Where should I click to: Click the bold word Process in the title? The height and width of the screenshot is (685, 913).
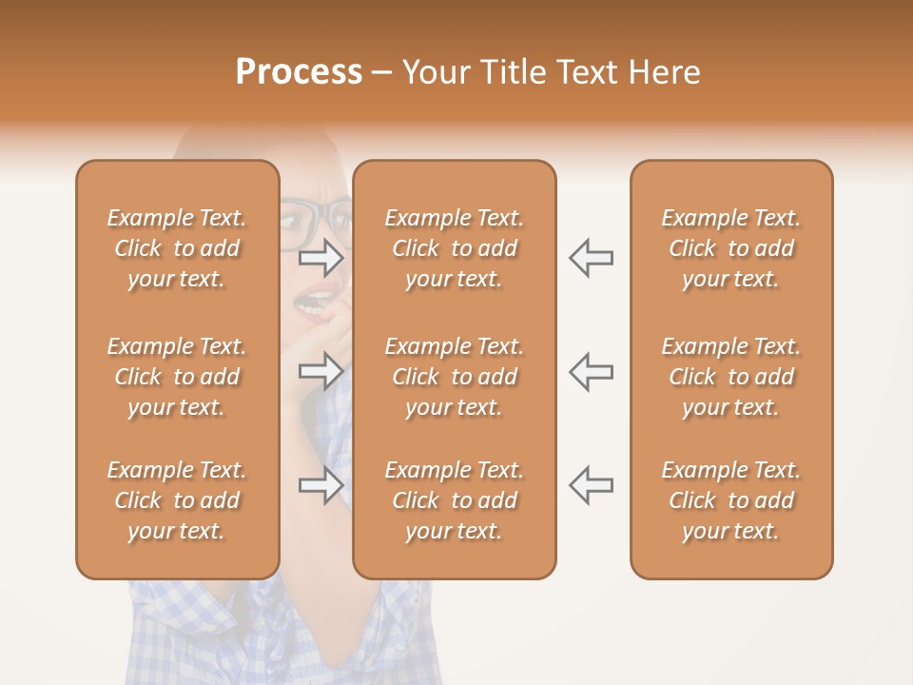click(299, 72)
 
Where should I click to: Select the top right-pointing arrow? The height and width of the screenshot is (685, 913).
click(321, 257)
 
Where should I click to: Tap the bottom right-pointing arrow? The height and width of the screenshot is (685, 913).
click(321, 485)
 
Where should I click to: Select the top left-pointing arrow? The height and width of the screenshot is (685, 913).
click(591, 257)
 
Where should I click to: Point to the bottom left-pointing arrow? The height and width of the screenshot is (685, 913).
click(591, 485)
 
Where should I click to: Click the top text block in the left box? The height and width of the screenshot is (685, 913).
click(177, 248)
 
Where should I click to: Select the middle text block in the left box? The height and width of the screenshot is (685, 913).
click(177, 377)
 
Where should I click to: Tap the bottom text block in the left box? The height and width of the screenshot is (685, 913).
click(177, 500)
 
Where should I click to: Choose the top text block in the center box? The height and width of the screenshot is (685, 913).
click(454, 248)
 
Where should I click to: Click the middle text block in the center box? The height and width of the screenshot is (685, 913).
click(454, 377)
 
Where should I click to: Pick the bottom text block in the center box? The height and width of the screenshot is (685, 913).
click(454, 500)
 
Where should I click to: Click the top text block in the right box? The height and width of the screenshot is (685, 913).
click(730, 248)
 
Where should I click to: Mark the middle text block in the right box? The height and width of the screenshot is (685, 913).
click(730, 377)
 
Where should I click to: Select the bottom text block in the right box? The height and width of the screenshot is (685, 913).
click(730, 500)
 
